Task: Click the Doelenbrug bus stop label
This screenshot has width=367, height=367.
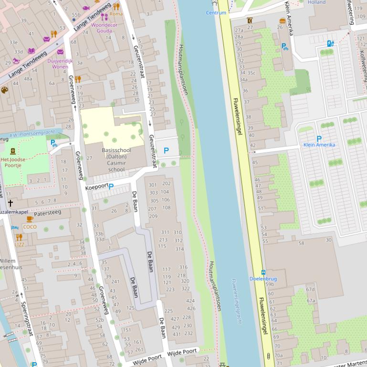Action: click(262, 279)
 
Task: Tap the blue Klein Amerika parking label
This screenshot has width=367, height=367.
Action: click(319, 145)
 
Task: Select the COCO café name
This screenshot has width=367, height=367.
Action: click(30, 227)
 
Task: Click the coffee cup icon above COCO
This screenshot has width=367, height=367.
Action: click(30, 219)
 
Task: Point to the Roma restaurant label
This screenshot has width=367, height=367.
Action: click(116, 14)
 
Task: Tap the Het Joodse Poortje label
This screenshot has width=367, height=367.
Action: click(13, 163)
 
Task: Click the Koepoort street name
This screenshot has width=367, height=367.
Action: click(96, 187)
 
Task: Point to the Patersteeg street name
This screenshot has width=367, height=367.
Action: click(48, 213)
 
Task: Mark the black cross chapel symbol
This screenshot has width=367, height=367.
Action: click(10, 203)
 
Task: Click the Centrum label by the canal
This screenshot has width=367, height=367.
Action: click(216, 13)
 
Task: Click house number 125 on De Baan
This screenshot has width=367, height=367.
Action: click(130, 308)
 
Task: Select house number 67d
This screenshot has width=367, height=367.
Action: click(310, 289)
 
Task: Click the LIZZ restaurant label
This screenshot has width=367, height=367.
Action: click(19, 244)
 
